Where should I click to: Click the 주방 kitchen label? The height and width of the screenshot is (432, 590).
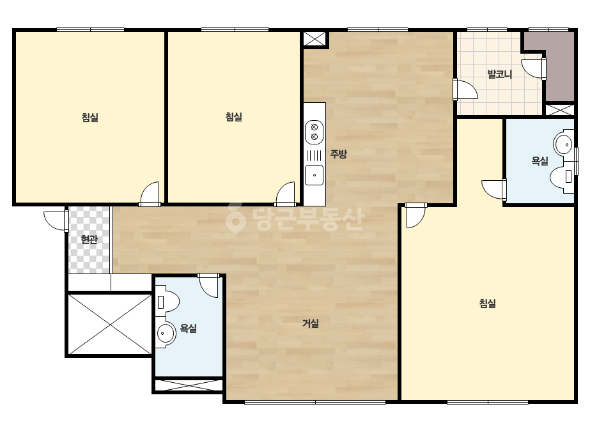click(338, 154)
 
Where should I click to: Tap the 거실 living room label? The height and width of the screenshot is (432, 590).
click(311, 323)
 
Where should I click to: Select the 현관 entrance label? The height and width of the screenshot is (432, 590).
click(89, 240)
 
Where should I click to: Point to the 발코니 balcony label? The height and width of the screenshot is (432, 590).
click(500, 74)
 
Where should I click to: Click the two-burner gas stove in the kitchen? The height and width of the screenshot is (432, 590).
click(314, 132)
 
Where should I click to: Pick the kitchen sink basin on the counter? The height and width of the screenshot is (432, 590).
click(314, 175)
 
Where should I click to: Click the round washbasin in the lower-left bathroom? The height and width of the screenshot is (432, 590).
click(166, 333)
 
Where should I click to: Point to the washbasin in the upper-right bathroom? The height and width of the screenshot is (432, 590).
click(564, 144)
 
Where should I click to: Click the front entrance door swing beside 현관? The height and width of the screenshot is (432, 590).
click(56, 220)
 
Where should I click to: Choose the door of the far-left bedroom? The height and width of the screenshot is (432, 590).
click(150, 194)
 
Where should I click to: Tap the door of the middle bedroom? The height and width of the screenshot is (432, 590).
click(285, 194)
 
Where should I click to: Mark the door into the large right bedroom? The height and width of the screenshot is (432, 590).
click(415, 215)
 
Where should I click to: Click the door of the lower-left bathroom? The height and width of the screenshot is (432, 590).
click(208, 285)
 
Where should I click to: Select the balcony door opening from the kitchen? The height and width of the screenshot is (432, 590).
click(465, 89)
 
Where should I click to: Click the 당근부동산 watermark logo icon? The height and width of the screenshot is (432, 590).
click(235, 218)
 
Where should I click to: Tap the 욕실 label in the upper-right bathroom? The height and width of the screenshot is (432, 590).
click(540, 161)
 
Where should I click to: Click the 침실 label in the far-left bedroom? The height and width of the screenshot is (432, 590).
click(90, 118)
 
